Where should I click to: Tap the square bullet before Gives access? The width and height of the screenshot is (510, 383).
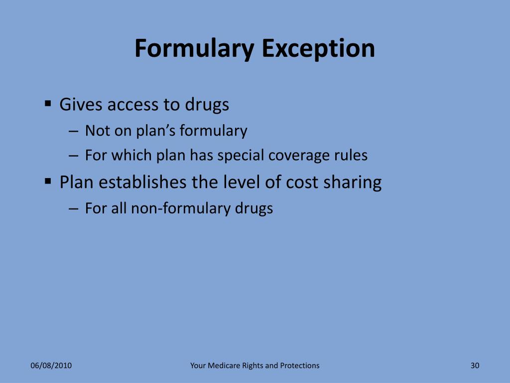[x=48, y=104]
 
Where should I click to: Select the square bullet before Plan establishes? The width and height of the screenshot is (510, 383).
[x=48, y=182]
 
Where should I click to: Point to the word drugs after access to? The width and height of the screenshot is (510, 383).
[x=207, y=105]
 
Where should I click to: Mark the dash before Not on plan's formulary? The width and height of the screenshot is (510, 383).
[x=73, y=132]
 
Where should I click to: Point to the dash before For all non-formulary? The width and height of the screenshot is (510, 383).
[x=73, y=208]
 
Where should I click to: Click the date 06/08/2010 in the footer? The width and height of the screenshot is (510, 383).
[x=51, y=366]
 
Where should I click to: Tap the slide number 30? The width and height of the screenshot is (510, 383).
[x=475, y=366]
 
